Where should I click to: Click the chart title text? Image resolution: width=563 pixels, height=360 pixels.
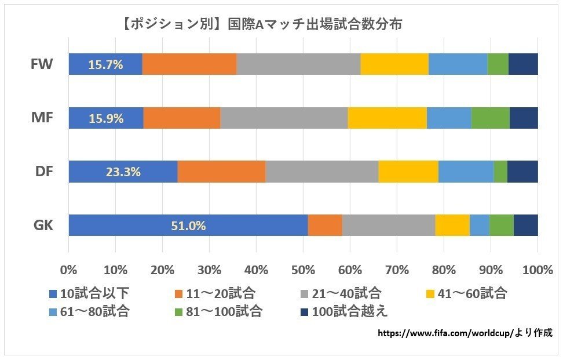tap(262, 25)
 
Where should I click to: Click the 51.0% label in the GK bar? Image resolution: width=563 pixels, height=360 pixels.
tap(188, 226)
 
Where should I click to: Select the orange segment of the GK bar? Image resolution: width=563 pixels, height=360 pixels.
tap(324, 226)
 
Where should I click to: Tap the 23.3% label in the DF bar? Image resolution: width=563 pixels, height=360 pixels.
tap(123, 172)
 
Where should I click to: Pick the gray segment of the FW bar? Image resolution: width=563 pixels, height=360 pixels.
tap(298, 64)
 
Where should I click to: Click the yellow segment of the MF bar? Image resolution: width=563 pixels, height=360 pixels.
tap(387, 118)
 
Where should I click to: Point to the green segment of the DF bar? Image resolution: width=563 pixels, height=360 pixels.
tap(500, 172)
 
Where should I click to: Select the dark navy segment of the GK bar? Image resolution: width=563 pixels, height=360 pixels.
tap(525, 226)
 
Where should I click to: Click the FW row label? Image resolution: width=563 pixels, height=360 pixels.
tap(42, 64)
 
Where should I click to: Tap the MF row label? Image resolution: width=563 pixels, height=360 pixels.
tap(42, 118)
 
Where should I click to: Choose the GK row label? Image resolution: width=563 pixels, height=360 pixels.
tap(42, 226)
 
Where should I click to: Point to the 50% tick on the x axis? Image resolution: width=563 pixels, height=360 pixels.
tap(303, 270)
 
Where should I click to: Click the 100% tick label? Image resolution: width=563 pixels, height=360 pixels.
tap(538, 270)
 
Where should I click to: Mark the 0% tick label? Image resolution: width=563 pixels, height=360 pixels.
tap(69, 270)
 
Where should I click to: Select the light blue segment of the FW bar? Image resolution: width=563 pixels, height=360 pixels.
tap(458, 64)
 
